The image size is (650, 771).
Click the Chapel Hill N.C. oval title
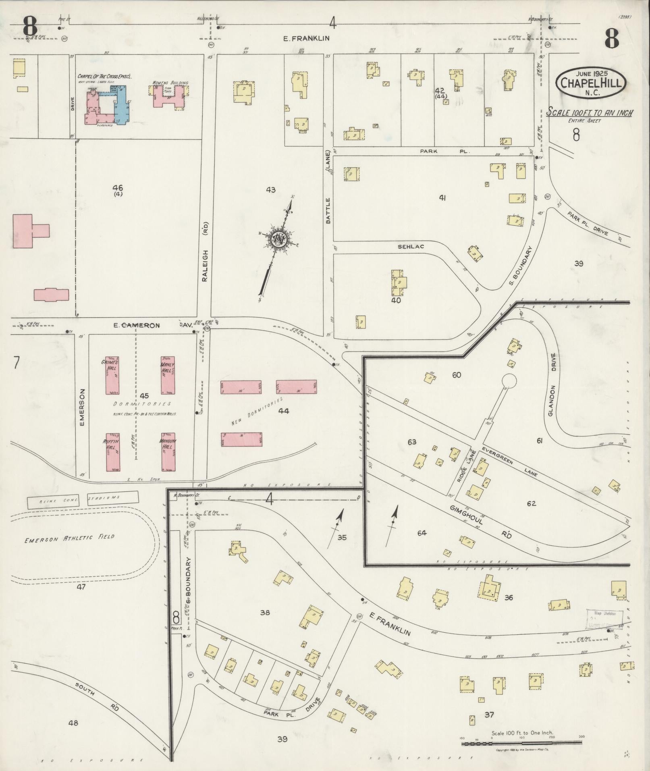[x=591, y=82]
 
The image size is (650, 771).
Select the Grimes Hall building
[x=112, y=375]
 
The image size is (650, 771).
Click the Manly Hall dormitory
[x=168, y=375]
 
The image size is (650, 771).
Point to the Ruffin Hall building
[x=113, y=452]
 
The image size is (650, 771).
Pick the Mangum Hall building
[x=168, y=452]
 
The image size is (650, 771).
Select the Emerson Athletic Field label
[x=69, y=538]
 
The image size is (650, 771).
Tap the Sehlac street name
[x=411, y=246]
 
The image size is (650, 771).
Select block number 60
[x=457, y=375]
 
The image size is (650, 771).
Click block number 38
[x=265, y=613]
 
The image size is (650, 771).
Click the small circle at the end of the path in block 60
[x=509, y=380]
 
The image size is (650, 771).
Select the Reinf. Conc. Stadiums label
[x=83, y=500]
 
